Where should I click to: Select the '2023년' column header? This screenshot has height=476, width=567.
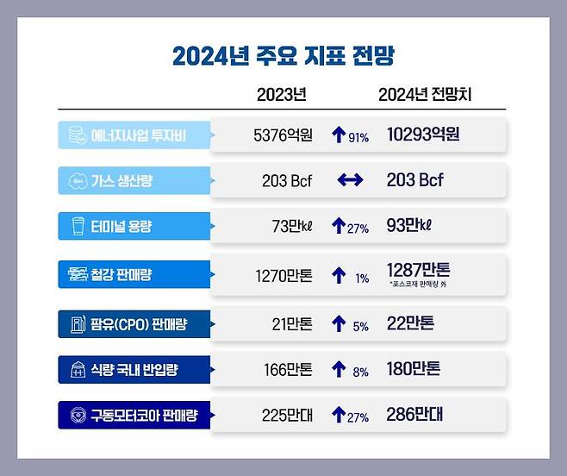[x=282, y=95]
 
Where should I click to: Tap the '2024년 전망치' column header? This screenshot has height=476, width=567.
[x=425, y=95]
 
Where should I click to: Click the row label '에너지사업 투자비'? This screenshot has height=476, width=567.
[x=138, y=135]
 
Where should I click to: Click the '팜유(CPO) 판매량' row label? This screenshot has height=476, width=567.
[x=139, y=324]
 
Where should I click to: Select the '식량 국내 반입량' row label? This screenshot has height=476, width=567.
[x=138, y=371]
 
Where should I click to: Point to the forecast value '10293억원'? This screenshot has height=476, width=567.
[x=423, y=135]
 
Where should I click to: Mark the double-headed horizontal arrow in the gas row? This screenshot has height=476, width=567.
[x=350, y=181]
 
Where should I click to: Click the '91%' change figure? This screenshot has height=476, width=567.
[x=358, y=138]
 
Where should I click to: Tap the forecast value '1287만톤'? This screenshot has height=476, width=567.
[x=419, y=269]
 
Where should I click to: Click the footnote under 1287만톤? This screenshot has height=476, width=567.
[x=419, y=284]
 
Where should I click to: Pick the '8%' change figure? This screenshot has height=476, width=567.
[x=359, y=373]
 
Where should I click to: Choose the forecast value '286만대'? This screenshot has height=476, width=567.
[x=414, y=416]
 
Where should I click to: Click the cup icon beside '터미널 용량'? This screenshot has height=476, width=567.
[x=77, y=228]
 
